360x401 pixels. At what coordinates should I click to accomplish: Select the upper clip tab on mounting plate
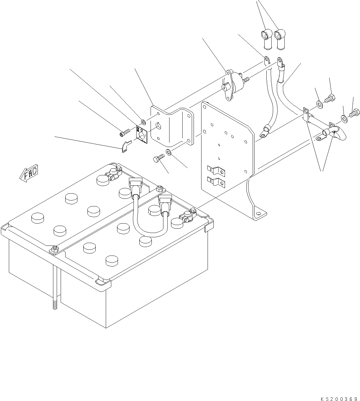216,171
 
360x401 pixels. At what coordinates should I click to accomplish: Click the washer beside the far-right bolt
344,118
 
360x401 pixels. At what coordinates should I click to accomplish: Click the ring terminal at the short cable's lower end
264,131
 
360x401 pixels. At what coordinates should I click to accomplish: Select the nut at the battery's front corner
54,249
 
